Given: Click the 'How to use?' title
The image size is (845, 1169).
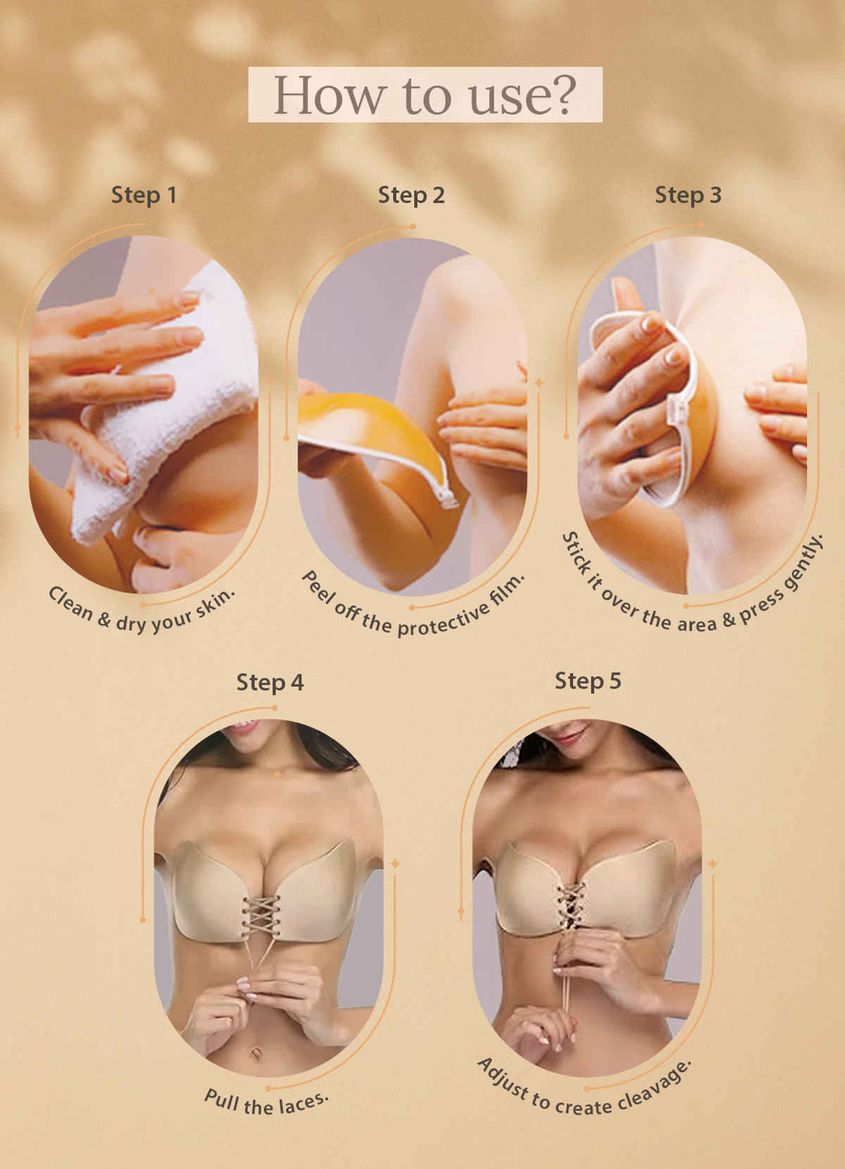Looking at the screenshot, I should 425,95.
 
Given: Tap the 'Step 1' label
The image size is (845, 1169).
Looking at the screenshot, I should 144,195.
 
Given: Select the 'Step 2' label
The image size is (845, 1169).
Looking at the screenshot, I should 411,195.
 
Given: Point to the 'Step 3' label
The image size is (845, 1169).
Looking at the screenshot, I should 688,195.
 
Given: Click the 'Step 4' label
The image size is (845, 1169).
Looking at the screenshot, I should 270,682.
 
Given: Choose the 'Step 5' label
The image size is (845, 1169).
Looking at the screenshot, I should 588,681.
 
